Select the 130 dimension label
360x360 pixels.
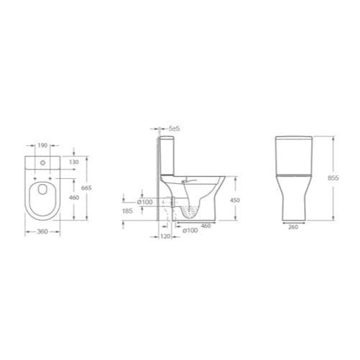(74, 162)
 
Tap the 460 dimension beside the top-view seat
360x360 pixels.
(74, 197)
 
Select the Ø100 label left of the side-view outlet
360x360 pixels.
(146, 202)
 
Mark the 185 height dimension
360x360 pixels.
(128, 213)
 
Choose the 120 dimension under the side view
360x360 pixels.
(165, 236)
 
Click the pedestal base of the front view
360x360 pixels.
(294, 205)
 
